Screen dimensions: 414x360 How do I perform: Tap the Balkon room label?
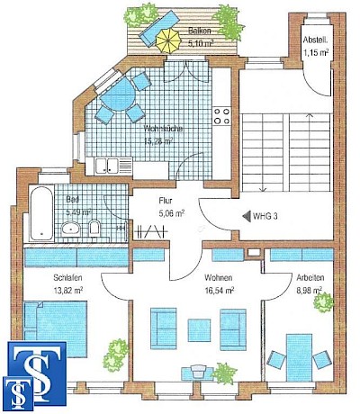(200, 30)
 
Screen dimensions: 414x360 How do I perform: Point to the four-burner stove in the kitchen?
(221, 117)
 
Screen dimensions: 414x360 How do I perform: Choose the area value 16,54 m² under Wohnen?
(219, 291)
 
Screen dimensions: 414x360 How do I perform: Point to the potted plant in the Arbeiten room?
(321, 301)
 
